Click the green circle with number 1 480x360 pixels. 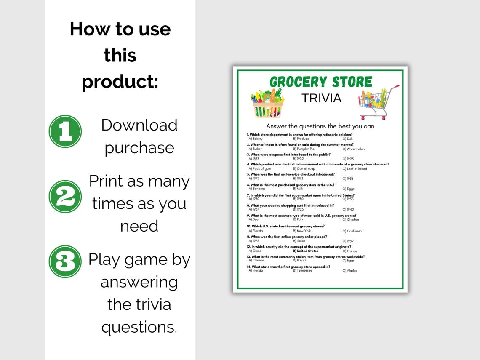point(65,131)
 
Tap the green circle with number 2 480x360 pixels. point(65,196)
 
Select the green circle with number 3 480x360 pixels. point(65,261)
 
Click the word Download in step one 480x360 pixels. point(139,125)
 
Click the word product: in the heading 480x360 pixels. point(120,81)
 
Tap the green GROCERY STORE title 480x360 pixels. point(321,82)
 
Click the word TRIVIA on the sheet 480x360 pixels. point(321,98)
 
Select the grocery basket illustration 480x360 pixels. point(267,104)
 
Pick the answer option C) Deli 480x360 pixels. point(347,139)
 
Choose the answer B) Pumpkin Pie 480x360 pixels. point(304,149)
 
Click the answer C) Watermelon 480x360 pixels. point(353,149)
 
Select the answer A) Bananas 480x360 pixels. point(257,189)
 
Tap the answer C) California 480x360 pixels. point(352,231)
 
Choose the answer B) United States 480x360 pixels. point(306,251)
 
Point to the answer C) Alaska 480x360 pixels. point(349,270)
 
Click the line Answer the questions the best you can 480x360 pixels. point(320,126)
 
